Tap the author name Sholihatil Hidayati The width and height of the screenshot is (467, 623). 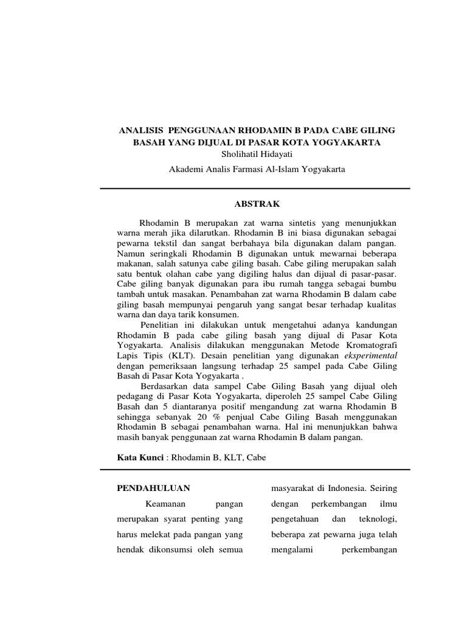tap(256, 155)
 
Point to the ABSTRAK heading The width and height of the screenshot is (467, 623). tap(255, 205)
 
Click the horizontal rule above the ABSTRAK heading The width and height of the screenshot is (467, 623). tap(255, 189)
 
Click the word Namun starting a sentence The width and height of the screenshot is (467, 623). tap(129, 252)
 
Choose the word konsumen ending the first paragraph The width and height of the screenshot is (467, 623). tap(221, 315)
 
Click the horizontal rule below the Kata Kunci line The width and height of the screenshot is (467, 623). tap(255, 470)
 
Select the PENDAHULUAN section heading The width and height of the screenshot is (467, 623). tap(153, 488)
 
